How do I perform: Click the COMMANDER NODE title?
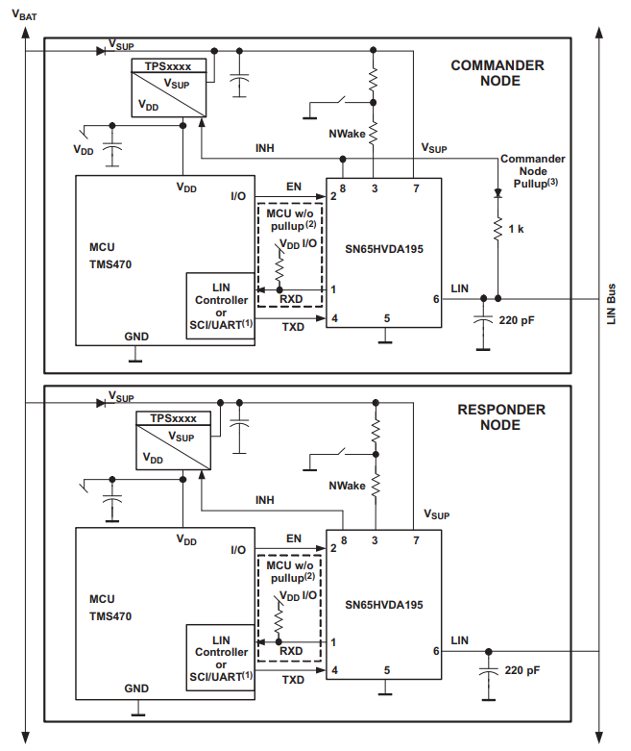coord(498,73)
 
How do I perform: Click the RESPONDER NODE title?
coord(500,416)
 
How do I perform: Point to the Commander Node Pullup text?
coord(532,170)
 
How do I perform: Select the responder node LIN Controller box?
coord(221,658)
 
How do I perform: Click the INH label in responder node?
coord(264,501)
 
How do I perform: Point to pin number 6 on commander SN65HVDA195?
coord(435,298)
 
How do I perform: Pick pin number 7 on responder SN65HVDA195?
coord(416,540)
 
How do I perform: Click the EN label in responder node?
coord(294,538)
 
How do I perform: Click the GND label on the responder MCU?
coord(137,688)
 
